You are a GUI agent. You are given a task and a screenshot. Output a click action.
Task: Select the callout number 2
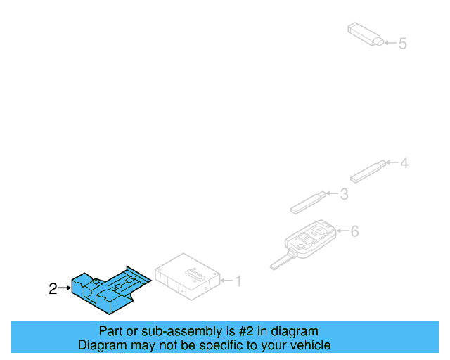53,288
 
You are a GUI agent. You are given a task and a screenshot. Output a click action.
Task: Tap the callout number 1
238,281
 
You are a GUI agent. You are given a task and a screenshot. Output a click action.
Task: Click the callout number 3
343,194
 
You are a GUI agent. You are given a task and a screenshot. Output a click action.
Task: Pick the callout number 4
404,163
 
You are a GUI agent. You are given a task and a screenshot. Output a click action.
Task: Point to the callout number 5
402,44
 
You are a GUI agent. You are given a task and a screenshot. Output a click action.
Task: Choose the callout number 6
354,231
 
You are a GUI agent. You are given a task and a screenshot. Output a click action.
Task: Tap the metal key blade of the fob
279,262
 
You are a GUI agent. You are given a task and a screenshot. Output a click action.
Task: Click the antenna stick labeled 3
308,202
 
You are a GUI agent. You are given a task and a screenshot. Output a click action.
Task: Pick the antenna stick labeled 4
368,171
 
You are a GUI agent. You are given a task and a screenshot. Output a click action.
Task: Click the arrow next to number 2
65,288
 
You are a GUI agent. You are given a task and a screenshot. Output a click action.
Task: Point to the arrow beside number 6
342,231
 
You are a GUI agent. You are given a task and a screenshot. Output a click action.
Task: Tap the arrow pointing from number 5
390,44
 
